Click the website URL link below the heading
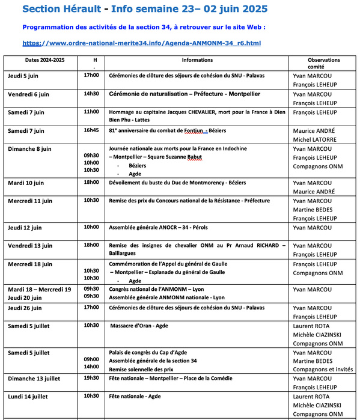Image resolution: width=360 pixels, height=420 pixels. (x=141, y=43)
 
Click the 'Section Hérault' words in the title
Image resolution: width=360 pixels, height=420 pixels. (x=58, y=10)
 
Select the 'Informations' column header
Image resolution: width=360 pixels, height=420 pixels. (x=197, y=60)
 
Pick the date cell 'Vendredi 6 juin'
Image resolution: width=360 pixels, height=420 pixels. (x=28, y=94)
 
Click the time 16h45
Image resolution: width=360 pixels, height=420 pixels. (x=91, y=130)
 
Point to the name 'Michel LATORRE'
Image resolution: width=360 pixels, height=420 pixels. (x=314, y=139)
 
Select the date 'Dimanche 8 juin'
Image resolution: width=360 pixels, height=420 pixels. (x=30, y=148)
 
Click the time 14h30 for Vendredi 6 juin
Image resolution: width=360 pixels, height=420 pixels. (x=91, y=94)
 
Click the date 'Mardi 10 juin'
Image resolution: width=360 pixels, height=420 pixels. (x=26, y=183)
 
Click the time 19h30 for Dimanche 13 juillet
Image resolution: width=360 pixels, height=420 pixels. (x=91, y=379)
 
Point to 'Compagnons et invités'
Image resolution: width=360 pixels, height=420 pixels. (x=323, y=369)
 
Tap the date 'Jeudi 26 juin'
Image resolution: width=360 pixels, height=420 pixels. (x=25, y=308)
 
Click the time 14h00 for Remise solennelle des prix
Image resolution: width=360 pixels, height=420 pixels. (x=91, y=366)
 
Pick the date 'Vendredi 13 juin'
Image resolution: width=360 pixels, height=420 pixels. (x=30, y=246)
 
